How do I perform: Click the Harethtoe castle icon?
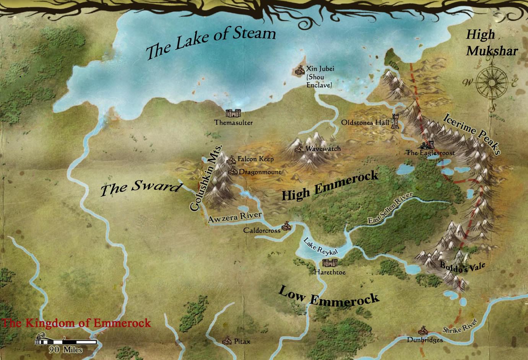click(329, 263)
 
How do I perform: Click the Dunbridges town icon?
click(423, 330)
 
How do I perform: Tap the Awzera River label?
click(234, 217)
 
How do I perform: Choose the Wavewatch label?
click(323, 149)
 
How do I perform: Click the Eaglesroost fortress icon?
click(427, 145)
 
